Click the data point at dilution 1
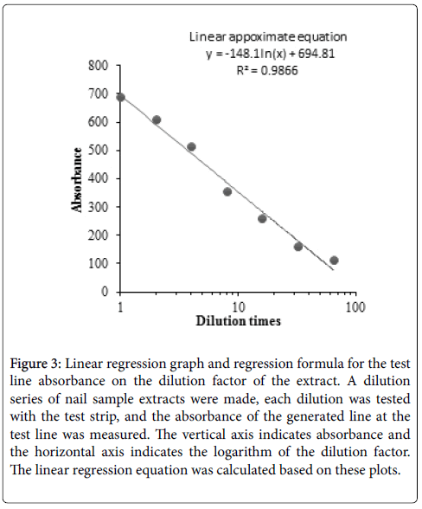pos(120,97)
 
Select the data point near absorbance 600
pos(157,119)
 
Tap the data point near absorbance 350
pos(227,191)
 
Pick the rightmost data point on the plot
pos(334,260)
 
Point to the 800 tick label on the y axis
pos(98,66)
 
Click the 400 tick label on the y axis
pos(98,178)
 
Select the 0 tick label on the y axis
pos(105,291)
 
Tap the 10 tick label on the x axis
pos(238,306)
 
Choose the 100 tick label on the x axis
pos(355,306)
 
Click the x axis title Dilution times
pos(238,321)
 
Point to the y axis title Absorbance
pos(77,179)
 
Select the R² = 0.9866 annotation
pos(267,70)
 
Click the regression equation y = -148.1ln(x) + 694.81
pos(270,54)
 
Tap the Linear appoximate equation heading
pos(268,37)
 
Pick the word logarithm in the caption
pos(243,452)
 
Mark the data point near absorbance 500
pos(191,147)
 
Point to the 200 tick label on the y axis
pos(98,235)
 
